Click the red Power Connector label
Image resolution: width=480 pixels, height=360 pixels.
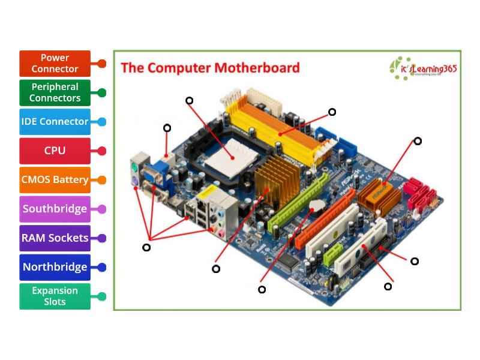click(x=55, y=63)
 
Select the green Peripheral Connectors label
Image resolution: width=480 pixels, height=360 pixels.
click(x=55, y=92)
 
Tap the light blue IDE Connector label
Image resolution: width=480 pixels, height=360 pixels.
click(x=55, y=121)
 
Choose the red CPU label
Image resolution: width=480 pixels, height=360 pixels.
click(x=55, y=151)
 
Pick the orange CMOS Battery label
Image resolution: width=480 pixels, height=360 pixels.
click(x=55, y=179)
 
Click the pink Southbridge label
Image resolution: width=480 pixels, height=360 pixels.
click(x=55, y=209)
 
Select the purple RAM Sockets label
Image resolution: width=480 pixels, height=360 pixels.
click(x=55, y=238)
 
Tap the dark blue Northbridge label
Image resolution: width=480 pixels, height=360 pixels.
click(x=55, y=267)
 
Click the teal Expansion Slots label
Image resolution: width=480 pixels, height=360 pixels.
click(x=55, y=296)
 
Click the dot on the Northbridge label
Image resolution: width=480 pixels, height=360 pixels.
click(x=101, y=267)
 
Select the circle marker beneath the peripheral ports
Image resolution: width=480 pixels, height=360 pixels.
click(x=146, y=247)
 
